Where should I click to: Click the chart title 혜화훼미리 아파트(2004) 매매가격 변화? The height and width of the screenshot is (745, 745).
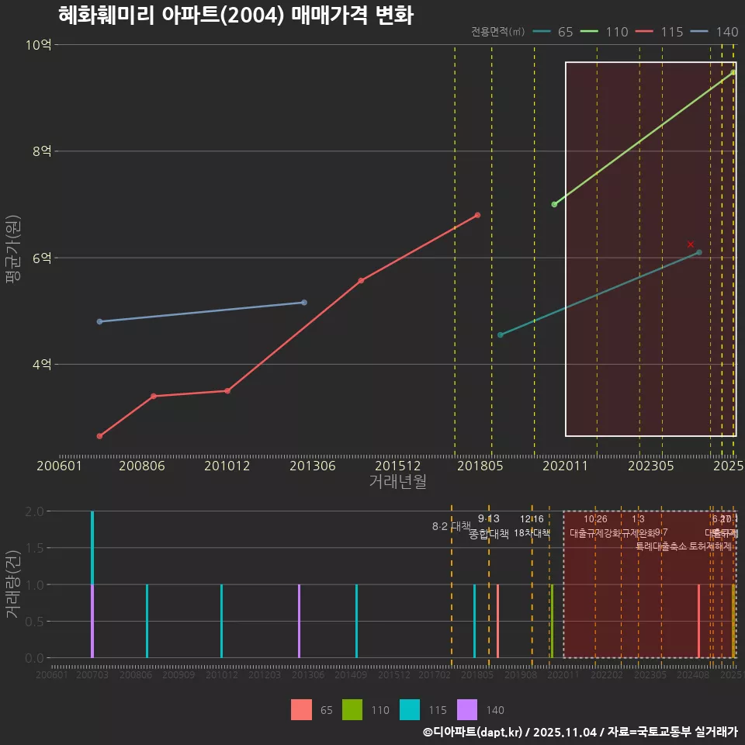point(235,16)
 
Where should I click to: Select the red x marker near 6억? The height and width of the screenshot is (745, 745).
point(691,244)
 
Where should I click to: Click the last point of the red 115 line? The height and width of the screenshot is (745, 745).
point(477,215)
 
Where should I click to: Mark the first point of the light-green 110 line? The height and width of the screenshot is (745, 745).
point(554,204)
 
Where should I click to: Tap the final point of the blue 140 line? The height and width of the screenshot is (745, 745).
point(303,302)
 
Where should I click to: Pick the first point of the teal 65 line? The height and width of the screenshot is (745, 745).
point(500,334)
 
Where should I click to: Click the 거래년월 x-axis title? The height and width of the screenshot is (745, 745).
point(397,481)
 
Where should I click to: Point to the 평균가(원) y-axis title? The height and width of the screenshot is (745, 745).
point(12,251)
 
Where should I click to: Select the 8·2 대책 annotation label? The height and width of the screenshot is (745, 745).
point(452,526)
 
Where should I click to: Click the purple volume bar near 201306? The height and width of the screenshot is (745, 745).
point(299,621)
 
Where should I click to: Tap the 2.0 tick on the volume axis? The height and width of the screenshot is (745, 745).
point(34,511)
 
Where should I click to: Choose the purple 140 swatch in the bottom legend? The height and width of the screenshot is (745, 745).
point(466,709)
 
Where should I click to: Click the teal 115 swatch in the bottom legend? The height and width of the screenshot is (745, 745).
point(410,709)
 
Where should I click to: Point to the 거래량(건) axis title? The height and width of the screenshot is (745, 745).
point(12,584)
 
